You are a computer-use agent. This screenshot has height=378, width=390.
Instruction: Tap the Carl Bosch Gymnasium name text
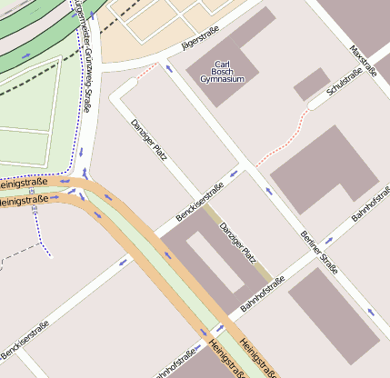[x=223, y=73]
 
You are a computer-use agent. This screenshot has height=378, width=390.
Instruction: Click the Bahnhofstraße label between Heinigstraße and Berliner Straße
[x=263, y=294]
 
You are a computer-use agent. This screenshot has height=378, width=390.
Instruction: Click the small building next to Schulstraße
[x=311, y=84]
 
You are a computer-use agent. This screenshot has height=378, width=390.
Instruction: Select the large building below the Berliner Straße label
[x=333, y=318]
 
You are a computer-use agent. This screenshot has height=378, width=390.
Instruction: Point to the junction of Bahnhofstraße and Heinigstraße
[x=217, y=330]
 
